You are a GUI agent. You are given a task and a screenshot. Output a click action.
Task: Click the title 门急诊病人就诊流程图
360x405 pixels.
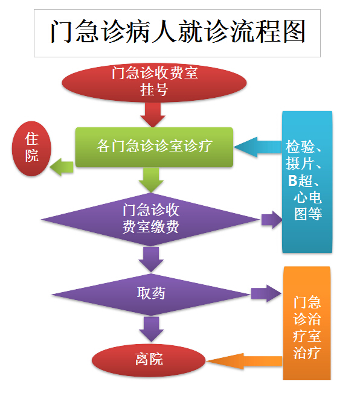(x=178, y=32)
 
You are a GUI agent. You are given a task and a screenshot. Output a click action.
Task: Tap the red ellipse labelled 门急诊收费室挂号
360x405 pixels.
(x=154, y=83)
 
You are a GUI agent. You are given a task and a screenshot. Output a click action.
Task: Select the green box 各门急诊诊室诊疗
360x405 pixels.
(x=154, y=147)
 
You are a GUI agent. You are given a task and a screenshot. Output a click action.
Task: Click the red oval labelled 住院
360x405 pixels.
(x=31, y=148)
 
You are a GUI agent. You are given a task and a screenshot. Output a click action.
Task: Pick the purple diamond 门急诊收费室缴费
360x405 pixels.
(x=150, y=220)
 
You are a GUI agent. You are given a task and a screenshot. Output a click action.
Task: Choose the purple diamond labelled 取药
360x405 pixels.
(x=151, y=295)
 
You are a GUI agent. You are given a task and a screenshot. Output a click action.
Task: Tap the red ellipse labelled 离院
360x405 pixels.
(x=149, y=360)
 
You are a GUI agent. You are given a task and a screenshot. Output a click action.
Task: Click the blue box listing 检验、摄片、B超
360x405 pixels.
(x=307, y=182)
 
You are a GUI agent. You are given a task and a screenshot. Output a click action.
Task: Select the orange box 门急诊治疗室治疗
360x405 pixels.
(x=307, y=323)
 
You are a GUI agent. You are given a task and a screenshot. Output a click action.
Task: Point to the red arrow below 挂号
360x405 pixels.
(x=153, y=115)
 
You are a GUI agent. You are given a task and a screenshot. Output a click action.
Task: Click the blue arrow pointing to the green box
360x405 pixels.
(x=258, y=147)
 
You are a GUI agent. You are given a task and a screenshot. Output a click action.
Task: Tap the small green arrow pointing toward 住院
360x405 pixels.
(x=62, y=167)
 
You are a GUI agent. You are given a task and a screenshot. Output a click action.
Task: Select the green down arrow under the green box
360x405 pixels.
(x=151, y=180)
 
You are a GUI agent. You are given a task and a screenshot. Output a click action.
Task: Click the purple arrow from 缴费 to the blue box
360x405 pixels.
(x=272, y=220)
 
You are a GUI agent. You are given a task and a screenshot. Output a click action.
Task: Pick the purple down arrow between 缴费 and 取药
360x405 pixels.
(x=151, y=260)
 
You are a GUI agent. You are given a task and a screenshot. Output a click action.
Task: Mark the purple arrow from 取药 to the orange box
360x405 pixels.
(x=266, y=294)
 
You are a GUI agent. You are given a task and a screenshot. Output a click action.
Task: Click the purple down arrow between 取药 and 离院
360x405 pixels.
(x=151, y=329)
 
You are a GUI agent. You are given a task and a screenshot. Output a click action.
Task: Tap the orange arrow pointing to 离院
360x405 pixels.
(x=245, y=361)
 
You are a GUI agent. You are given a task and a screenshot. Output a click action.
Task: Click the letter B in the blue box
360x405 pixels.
(x=293, y=180)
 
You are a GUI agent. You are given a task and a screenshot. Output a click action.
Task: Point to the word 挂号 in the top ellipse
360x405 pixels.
(x=154, y=89)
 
